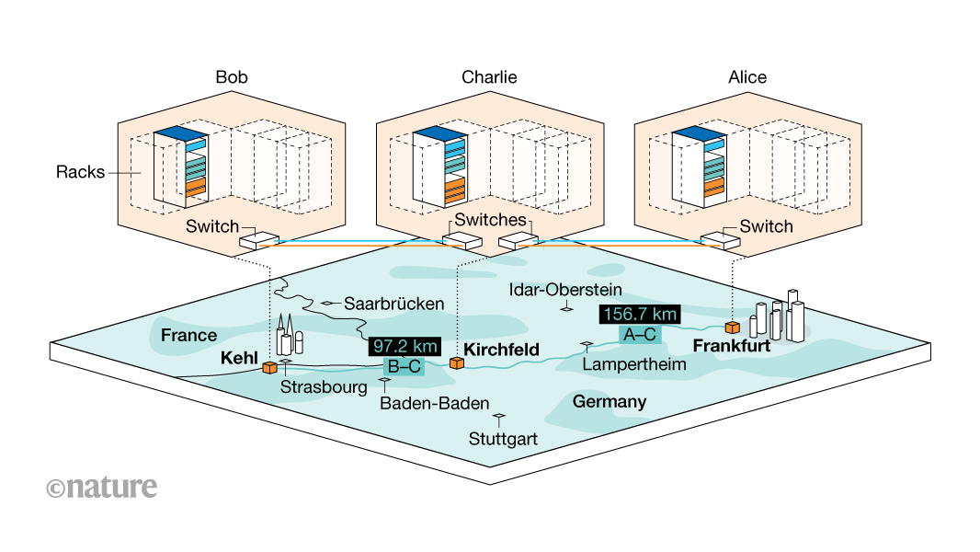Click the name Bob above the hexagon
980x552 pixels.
click(232, 77)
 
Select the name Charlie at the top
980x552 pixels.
click(489, 77)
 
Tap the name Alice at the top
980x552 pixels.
click(746, 77)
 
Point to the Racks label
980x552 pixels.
click(79, 172)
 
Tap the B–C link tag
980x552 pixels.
click(404, 366)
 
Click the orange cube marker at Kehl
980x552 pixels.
click(269, 368)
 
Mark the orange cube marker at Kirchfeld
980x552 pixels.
click(455, 363)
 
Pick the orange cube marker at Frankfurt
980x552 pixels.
click(732, 328)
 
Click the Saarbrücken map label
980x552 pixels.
click(393, 303)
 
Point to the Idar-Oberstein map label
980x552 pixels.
click(565, 291)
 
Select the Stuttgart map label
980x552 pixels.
click(503, 438)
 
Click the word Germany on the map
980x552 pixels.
click(610, 402)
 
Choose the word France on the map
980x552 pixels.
click(188, 335)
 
